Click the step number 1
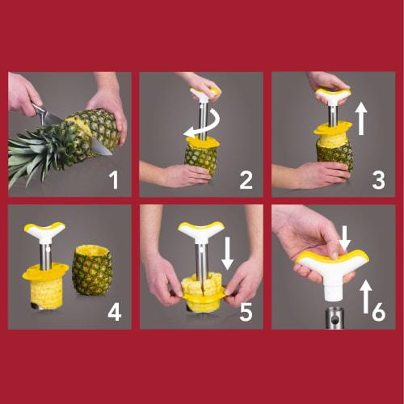point(113,179)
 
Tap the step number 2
point(245,179)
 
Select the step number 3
point(377,179)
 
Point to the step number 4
point(114,312)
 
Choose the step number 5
point(246,312)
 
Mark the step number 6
point(378,312)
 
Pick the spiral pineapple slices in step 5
point(200,288)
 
